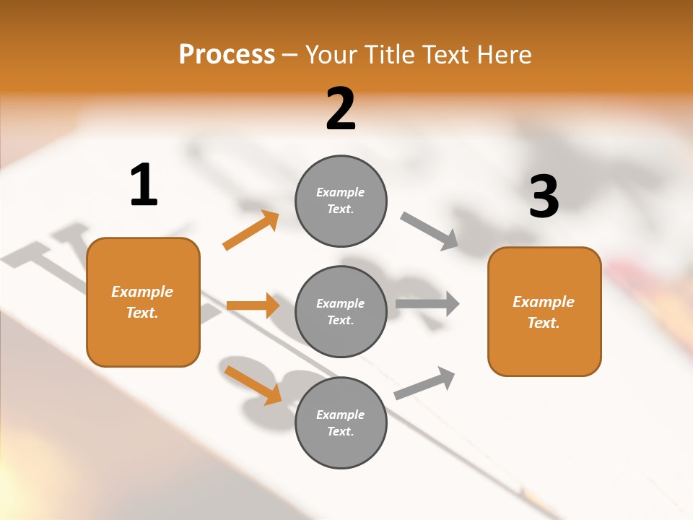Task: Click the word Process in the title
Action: pos(227,54)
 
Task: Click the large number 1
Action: pos(144,185)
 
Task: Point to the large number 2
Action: pos(341,109)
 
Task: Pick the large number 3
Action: pos(544,196)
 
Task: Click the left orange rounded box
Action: pos(143,302)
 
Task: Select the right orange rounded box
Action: pos(544,312)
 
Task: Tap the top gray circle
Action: pos(341,201)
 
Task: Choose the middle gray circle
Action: pos(341,312)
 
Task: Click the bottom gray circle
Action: pos(341,423)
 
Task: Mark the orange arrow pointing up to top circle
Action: pos(251,230)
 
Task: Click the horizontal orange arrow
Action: pos(253,305)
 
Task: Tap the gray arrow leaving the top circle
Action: pos(430,231)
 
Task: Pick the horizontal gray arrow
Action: pos(427,304)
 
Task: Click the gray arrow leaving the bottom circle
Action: pos(425,383)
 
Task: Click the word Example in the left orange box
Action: pos(142,292)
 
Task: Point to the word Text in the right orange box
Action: pos(543,323)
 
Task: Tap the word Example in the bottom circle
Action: pos(340,415)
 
